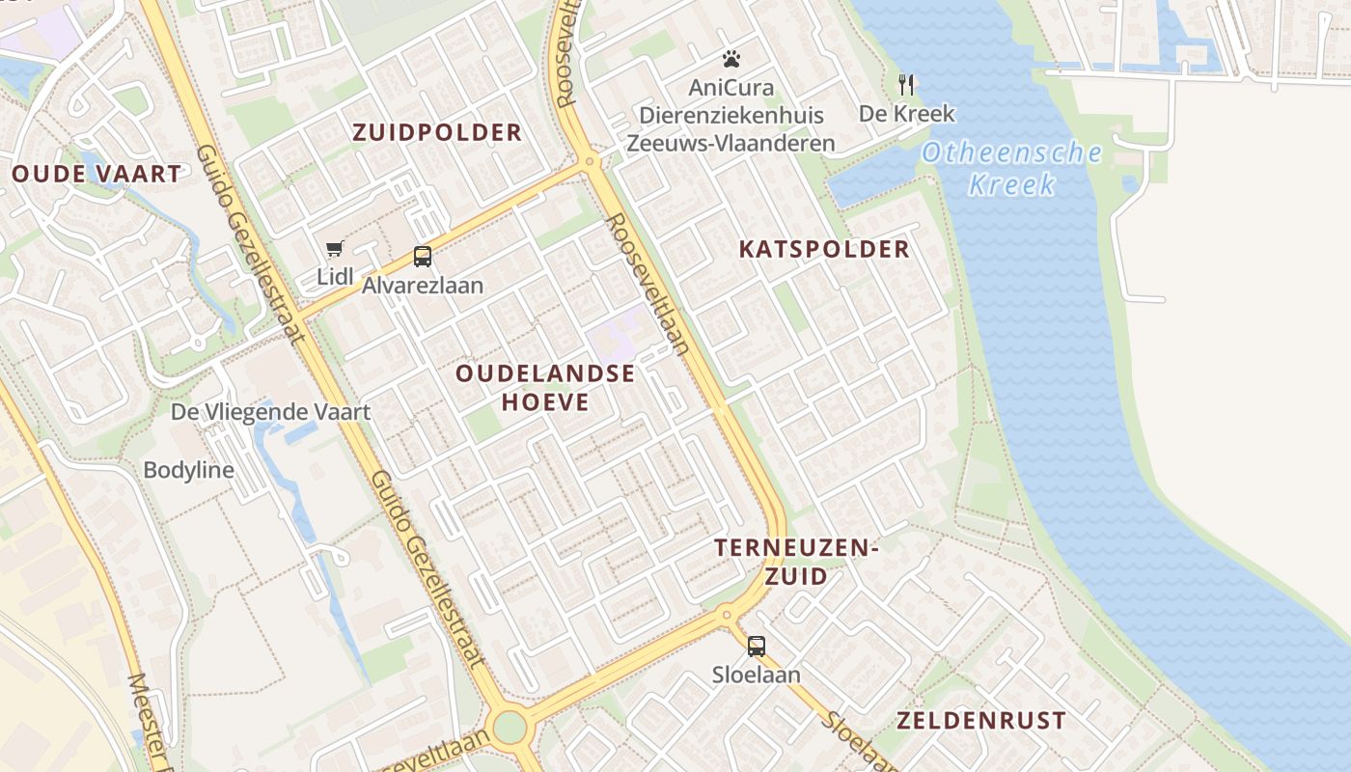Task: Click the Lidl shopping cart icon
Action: point(335,249)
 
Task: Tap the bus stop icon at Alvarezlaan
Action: point(423,257)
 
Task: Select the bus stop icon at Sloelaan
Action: point(757,647)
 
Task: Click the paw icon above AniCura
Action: point(731,59)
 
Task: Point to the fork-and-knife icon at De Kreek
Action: point(906,84)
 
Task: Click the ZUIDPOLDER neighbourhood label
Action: point(437,132)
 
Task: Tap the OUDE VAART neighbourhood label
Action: point(96,175)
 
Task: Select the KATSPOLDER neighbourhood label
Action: point(824,249)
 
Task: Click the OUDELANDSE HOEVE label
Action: point(545,387)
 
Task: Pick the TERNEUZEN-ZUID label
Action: point(796,562)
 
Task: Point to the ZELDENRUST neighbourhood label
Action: point(981,721)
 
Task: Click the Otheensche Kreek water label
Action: point(1011,167)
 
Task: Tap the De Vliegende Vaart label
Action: point(270,412)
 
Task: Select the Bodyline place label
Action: point(188,470)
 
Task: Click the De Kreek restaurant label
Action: point(906,113)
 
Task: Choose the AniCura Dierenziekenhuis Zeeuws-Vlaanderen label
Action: point(731,115)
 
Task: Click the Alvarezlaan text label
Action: point(423,286)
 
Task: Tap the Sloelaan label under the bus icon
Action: point(757,675)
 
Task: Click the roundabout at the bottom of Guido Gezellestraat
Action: point(510,727)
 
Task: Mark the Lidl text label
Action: point(335,277)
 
